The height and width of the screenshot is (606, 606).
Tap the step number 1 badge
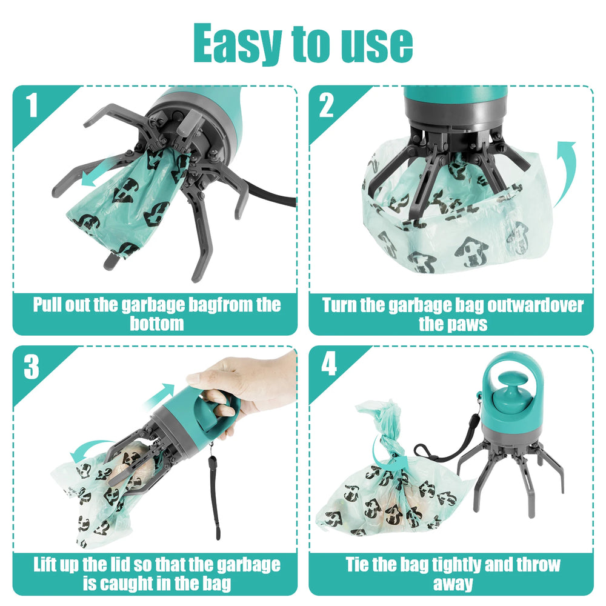(32, 107)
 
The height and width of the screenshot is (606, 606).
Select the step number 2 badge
(326, 107)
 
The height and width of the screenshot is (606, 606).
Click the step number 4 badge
(328, 366)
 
